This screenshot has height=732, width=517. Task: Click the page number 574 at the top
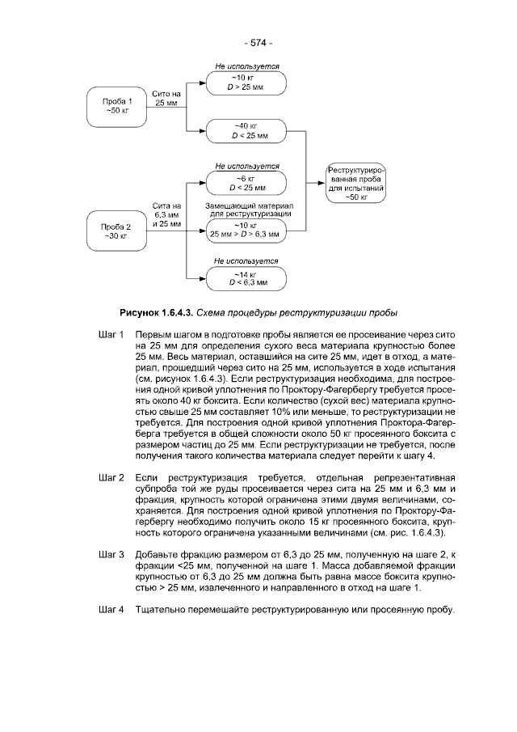coord(258,42)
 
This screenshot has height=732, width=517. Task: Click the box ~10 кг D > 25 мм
coord(247,83)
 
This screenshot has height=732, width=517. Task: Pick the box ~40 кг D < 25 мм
coord(247,130)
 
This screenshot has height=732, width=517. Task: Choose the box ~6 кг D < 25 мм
coord(247,182)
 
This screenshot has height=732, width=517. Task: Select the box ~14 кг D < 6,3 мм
coord(247,278)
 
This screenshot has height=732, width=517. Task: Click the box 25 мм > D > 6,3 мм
coord(247,230)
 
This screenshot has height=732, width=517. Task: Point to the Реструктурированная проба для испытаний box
coord(355,183)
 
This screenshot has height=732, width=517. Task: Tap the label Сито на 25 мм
coord(166,99)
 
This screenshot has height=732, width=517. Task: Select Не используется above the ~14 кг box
coord(246,261)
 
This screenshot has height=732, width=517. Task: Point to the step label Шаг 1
coord(110,335)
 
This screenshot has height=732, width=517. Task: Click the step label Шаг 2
coord(110,478)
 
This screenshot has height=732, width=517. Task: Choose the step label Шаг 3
coord(110,554)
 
